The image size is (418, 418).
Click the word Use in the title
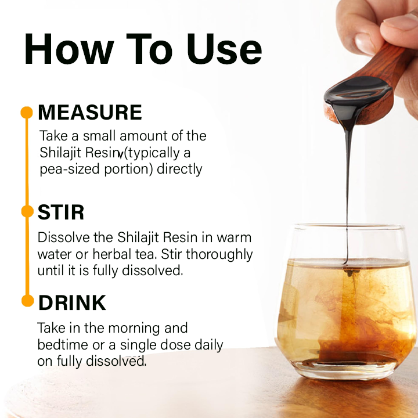pyautogui.click(x=224, y=49)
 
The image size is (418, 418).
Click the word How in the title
pyautogui.click(x=69, y=49)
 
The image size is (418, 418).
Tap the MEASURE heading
pyautogui.click(x=90, y=112)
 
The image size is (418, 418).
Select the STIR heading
pyautogui.click(x=61, y=212)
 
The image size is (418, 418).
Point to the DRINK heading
pyautogui.click(x=72, y=302)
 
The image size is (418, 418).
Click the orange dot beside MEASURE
pyautogui.click(x=27, y=113)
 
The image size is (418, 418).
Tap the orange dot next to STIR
pyautogui.click(x=27, y=211)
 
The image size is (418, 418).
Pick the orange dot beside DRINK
pyautogui.click(x=27, y=301)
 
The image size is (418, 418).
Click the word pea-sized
pyautogui.click(x=70, y=170)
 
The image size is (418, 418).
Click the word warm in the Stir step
pyautogui.click(x=234, y=237)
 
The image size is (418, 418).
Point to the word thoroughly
pyautogui.click(x=219, y=255)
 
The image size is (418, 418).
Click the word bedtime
pyautogui.click(x=63, y=345)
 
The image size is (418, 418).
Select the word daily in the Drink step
pyautogui.click(x=209, y=345)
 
